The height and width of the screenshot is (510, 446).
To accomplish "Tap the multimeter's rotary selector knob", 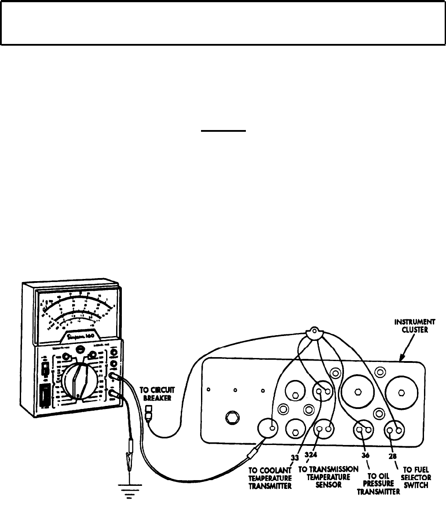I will point(78,381).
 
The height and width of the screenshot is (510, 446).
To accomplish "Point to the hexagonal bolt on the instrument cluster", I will point(232,417).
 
